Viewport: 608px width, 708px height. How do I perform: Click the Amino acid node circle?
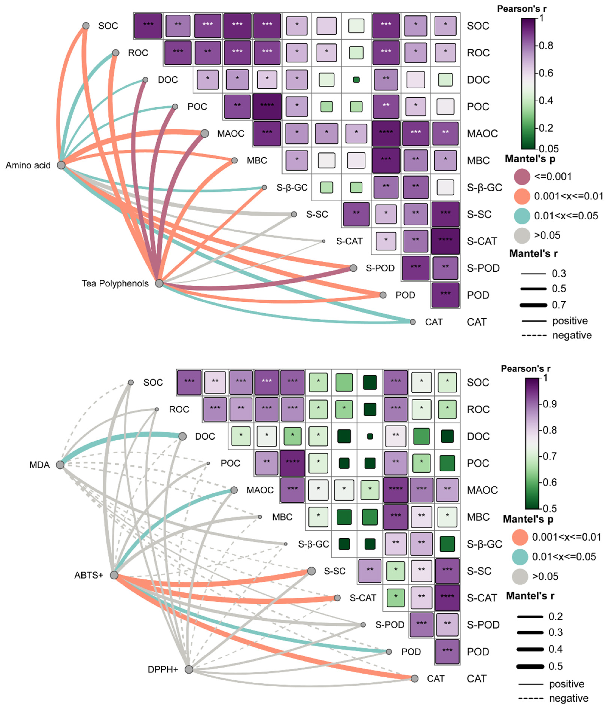coord(61,165)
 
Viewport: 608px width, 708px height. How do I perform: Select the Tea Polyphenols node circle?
coord(159,283)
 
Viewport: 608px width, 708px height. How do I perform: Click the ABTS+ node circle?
coord(114,575)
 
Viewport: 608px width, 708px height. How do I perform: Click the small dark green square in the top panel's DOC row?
coord(356,80)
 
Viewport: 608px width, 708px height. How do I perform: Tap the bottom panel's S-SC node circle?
coord(311,571)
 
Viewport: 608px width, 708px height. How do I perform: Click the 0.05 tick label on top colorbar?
coord(549,149)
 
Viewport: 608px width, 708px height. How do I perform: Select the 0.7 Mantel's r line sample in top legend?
coord(533,305)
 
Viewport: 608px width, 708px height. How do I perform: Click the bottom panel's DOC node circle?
coord(183,436)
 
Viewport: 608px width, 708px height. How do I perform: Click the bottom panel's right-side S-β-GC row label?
coord(484,544)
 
